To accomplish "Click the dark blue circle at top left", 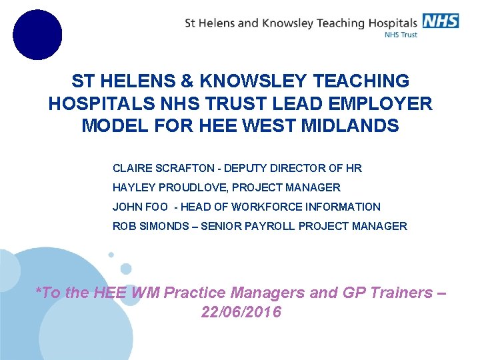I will [x=37, y=35].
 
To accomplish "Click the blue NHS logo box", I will [x=440, y=21].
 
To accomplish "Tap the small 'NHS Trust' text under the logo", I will [x=401, y=35].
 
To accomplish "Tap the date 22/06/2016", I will [x=241, y=312].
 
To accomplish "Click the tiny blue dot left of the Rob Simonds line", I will [x=111, y=255].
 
